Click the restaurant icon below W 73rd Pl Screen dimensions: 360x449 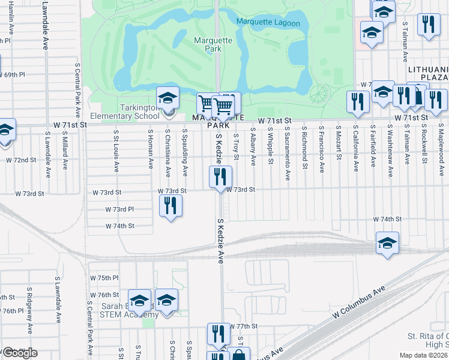[x=170, y=206]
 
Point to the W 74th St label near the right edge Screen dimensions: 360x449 [x=387, y=220]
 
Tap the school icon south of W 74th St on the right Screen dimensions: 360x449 [x=387, y=243]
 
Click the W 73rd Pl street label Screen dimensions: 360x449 [x=119, y=209]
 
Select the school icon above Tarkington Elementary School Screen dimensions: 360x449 [x=168, y=97]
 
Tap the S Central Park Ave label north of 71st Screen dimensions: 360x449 [x=77, y=84]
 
